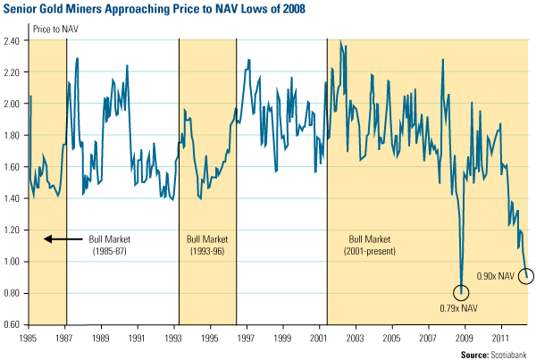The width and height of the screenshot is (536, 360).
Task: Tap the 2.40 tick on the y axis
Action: pos(14,41)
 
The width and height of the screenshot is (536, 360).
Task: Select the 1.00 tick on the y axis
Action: pos(14,262)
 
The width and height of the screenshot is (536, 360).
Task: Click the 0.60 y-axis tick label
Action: pos(14,324)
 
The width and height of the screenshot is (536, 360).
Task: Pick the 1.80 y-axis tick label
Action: pos(14,136)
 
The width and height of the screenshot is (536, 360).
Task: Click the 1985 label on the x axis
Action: pos(29,339)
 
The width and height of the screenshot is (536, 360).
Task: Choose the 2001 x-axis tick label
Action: pos(319,339)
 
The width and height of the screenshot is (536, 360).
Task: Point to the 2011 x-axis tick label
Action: pos(500,339)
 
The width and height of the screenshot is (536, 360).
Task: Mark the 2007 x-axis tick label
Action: pos(428,339)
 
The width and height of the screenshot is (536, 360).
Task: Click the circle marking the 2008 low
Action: pos(461,292)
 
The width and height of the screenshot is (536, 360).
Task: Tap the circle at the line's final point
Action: pos(525,277)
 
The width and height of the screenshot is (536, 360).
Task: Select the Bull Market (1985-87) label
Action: pos(110,244)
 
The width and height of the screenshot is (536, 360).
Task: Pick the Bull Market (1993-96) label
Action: pos(208,244)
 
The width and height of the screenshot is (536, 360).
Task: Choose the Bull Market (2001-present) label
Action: pos(377,244)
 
